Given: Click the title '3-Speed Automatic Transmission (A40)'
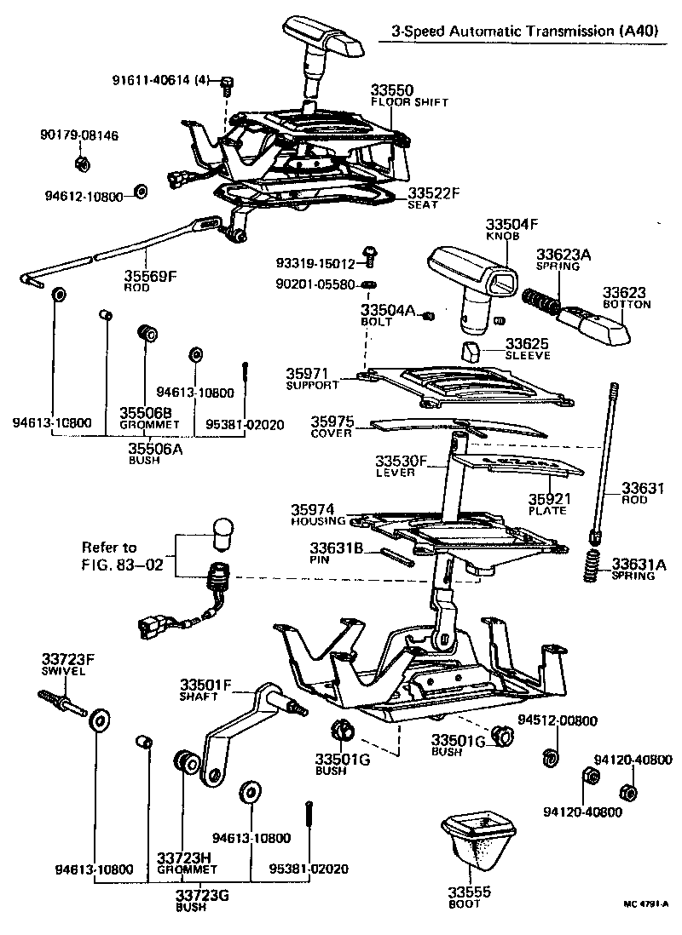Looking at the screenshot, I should click(523, 31).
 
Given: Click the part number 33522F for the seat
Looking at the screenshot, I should click(433, 193).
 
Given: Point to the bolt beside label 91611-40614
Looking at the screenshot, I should click(227, 83).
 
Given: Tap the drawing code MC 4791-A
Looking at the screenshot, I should click(645, 905).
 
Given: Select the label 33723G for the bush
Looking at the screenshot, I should click(202, 896).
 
